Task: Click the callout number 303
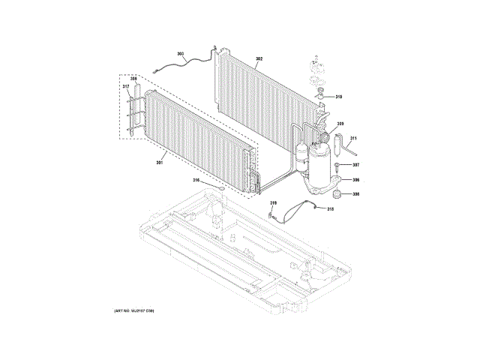tap(181, 53)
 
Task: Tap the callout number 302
tap(259, 58)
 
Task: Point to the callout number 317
tap(127, 87)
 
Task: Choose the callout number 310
tap(338, 97)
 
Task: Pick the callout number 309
tap(340, 124)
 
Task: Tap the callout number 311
tap(354, 139)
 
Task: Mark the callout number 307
tap(355, 165)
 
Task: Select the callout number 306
tap(355, 180)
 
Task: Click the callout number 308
tap(355, 194)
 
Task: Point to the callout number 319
tap(273, 203)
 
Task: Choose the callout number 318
tap(330, 209)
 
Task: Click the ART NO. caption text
tap(133, 310)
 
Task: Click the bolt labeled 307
tap(338, 165)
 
